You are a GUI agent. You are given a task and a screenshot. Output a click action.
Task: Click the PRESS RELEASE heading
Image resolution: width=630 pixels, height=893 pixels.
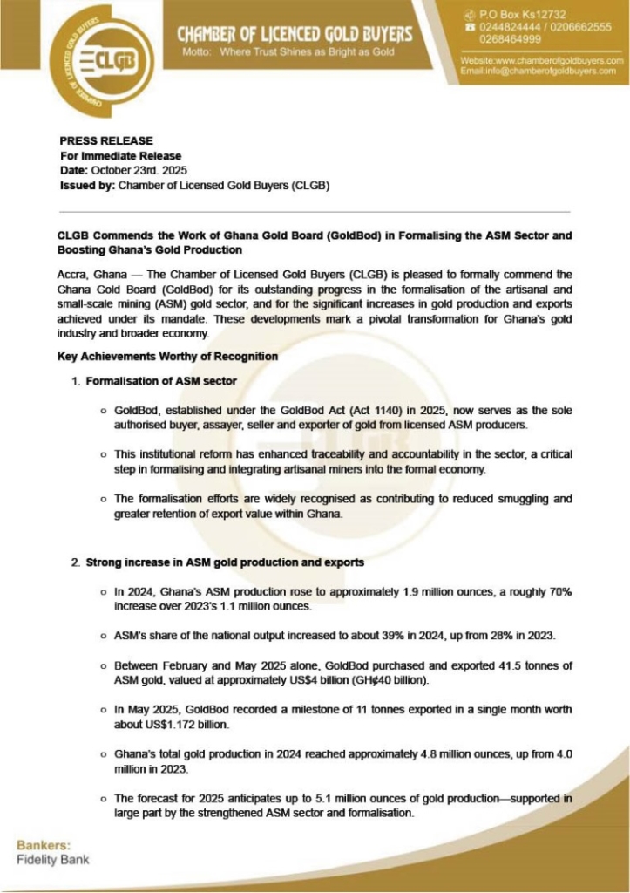point(106,140)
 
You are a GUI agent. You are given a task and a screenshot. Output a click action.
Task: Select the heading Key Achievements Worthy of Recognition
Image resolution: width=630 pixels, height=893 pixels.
point(167,357)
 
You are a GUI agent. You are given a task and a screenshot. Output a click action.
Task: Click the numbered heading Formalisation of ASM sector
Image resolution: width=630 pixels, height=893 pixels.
point(161,382)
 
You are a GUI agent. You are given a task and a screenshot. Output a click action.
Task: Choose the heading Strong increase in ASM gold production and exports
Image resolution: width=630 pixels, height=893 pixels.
point(225,563)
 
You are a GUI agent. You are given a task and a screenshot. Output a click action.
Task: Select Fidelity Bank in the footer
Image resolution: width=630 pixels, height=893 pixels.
point(52,860)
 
